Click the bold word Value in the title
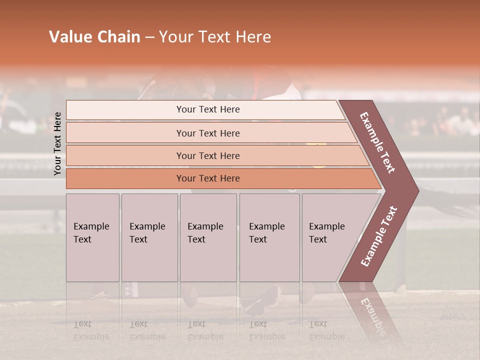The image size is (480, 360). tap(69, 37)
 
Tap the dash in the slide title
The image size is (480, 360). tap(149, 37)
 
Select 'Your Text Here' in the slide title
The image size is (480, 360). tap(215, 37)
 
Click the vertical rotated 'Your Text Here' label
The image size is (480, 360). tap(57, 143)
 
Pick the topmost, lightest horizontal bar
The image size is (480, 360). tap(207, 109)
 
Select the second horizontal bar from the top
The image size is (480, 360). tap(207, 133)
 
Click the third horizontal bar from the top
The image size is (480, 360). tap(207, 155)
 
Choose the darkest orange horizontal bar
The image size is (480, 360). tap(207, 178)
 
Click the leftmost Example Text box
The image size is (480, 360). tap(92, 237)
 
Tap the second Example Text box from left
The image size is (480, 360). tap(149, 237)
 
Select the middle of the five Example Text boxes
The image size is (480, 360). tap(208, 237)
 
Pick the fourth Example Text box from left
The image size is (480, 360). tap(269, 237)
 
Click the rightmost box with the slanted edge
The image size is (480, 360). tap(330, 237)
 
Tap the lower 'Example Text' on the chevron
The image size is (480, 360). tap(378, 236)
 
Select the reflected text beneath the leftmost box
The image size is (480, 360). tap(91, 330)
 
